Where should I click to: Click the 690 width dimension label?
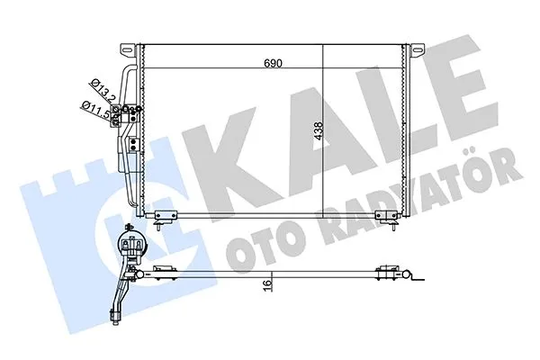[x=273, y=63]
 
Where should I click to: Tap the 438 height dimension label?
[x=319, y=130]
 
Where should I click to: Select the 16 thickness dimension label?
[x=267, y=285]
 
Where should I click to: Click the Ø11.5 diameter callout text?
[x=94, y=110]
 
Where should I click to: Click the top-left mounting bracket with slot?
[x=128, y=50]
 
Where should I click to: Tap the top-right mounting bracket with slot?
[x=418, y=50]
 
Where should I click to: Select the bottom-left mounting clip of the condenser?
[x=165, y=216]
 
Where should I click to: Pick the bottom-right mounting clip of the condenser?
[x=386, y=216]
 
